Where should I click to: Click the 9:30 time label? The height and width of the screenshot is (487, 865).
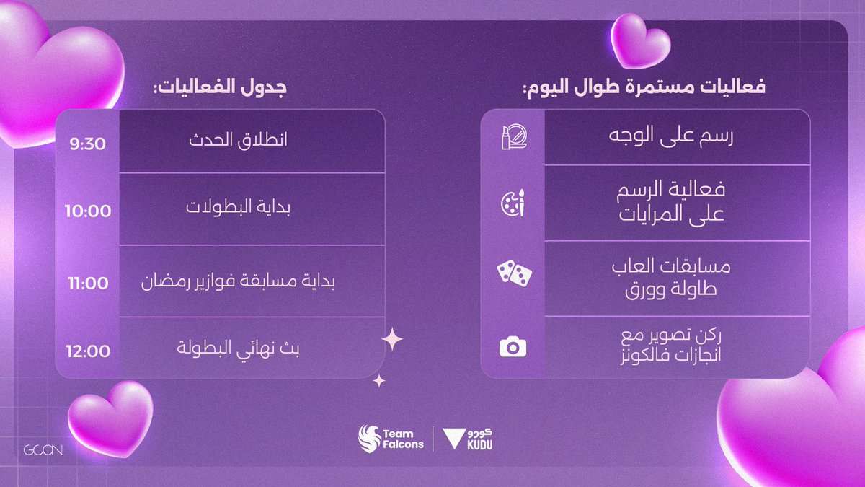pos(87,144)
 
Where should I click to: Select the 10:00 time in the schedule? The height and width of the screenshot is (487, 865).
pos(87,211)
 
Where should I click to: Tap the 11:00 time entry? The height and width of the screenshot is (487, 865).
pos(87,283)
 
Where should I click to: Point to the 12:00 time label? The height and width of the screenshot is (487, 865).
pos(87,351)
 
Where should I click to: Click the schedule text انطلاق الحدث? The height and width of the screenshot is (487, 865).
pos(238,140)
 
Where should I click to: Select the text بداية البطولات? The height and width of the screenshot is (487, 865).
pos(238,209)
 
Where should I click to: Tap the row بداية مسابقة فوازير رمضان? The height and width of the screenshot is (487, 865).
pos(238,281)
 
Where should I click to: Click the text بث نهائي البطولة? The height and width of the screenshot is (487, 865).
pos(238,349)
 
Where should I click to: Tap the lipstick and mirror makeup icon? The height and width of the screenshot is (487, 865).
pos(513,137)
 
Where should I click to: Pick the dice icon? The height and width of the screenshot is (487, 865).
pos(513,273)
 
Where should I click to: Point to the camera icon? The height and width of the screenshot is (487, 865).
pos(513,348)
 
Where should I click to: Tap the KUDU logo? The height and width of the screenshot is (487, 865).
pos(469,438)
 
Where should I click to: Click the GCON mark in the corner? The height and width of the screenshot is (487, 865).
pos(43,451)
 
